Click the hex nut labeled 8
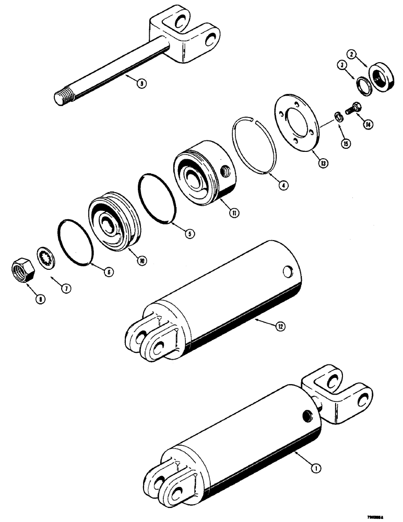22,270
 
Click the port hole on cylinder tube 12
287,271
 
